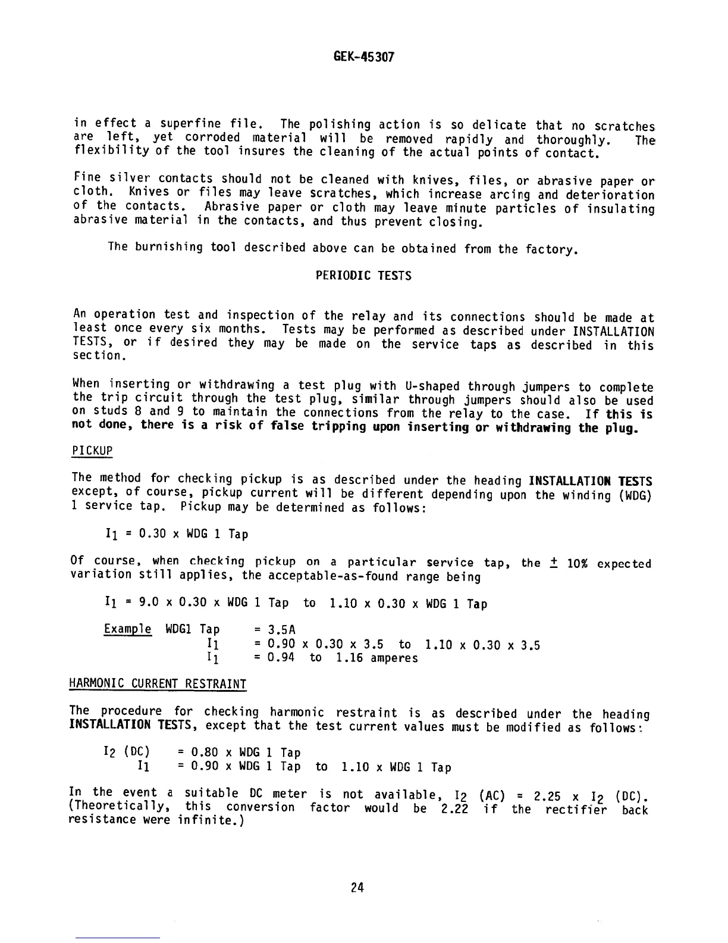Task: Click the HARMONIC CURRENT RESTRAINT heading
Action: click(158, 684)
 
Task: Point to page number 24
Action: click(357, 888)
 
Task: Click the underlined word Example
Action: click(127, 630)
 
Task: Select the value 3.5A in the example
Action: click(282, 630)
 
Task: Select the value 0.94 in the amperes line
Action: click(281, 658)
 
